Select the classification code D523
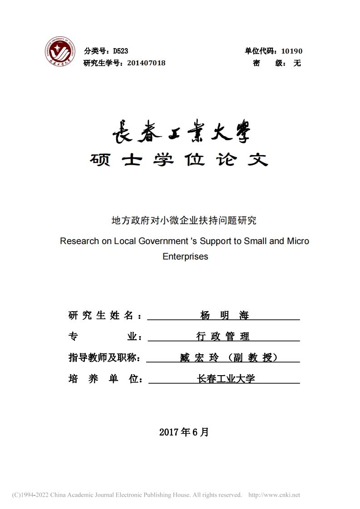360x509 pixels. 120,51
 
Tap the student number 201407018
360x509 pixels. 146,63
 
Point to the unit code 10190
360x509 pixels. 292,51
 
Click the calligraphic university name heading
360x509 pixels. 181,132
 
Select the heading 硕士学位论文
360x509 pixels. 179,159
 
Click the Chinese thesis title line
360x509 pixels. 184,221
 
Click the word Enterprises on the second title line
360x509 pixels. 185,256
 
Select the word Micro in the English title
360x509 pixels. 298,241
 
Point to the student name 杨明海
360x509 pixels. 224,316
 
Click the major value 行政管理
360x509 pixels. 223,337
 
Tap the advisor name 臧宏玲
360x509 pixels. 199,357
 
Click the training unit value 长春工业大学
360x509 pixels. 226,378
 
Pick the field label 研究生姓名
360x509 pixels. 101,316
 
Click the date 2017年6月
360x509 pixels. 184,432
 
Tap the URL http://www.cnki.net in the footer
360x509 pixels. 275,495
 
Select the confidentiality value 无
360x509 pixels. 297,63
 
